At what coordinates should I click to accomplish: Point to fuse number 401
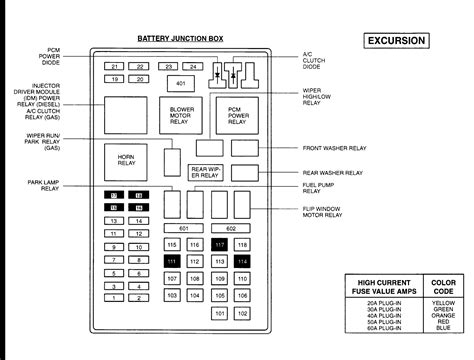click(180, 83)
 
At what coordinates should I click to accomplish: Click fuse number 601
click(183, 228)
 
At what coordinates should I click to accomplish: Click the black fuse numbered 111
click(172, 261)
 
